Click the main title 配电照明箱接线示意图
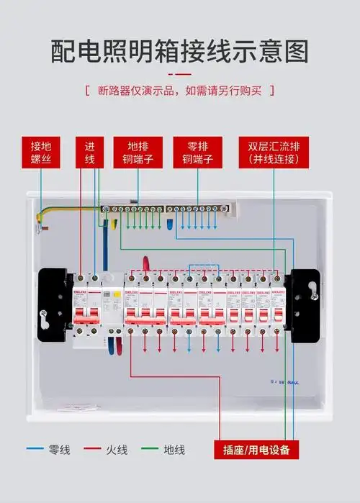(179, 52)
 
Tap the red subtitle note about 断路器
(179, 91)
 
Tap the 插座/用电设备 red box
(256, 450)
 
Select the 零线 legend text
(58, 450)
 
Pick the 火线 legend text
(117, 450)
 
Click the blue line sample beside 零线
(34, 450)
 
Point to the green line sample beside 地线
(149, 450)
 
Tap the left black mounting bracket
(54, 307)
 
